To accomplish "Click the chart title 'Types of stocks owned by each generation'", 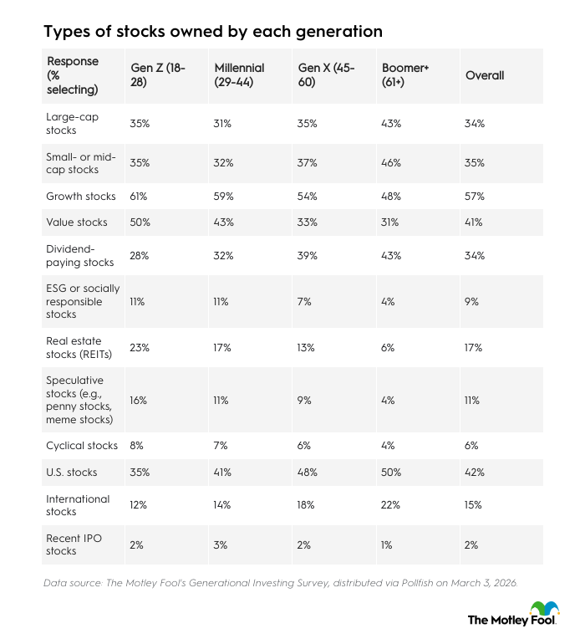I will point(213,32).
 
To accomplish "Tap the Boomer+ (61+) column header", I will point(405,75).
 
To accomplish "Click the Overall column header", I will point(485,75).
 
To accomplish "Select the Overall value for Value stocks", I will point(474,222).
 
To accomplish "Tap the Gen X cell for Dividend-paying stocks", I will point(307,256).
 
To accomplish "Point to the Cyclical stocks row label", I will point(81,445).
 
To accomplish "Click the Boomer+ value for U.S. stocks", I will point(391,473).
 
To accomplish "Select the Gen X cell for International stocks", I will point(307,505).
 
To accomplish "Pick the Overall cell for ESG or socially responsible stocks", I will point(471,301).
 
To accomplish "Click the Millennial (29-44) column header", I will point(239,75).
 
